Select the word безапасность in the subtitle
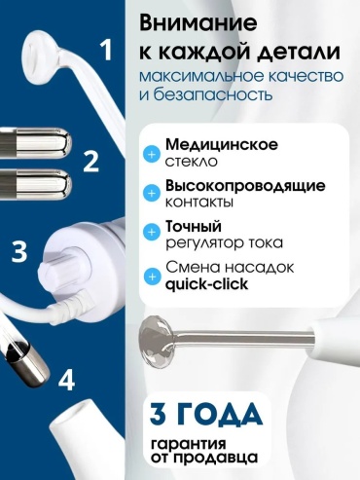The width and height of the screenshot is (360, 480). [213, 95]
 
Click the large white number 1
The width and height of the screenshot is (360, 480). [105, 50]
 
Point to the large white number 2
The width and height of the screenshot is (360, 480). [90, 162]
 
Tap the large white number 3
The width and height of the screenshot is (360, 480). [19, 251]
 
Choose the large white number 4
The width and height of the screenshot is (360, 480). [66, 380]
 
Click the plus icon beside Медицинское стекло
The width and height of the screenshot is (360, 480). [152, 154]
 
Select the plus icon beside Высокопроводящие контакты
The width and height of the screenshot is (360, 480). [152, 194]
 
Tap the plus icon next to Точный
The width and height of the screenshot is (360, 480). [152, 233]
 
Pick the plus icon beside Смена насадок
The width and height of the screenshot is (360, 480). [152, 277]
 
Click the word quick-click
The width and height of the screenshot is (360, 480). [206, 284]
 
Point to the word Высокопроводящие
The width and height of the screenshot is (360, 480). [245, 187]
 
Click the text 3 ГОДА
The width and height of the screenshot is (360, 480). [206, 415]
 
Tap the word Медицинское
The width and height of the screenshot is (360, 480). [222, 145]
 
